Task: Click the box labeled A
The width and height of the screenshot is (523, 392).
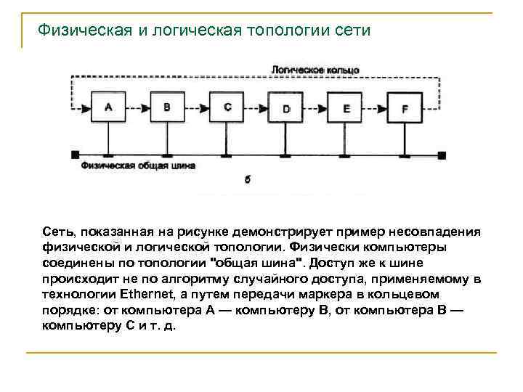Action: tap(109, 107)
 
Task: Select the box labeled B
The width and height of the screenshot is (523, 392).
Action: tap(168, 107)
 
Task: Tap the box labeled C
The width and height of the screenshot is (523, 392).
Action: tap(227, 107)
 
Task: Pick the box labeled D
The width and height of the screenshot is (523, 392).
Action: tap(286, 109)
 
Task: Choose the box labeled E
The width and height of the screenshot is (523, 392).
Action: tap(346, 109)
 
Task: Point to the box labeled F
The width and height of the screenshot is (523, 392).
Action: tap(405, 110)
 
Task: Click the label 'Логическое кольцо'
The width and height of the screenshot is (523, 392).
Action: tap(315, 70)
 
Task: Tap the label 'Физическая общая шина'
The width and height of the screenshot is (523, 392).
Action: tap(138, 166)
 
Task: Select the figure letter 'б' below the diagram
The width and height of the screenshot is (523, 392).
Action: tap(248, 179)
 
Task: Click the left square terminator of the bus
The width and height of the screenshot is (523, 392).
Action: tap(76, 155)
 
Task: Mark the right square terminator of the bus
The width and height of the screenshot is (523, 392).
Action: tap(442, 155)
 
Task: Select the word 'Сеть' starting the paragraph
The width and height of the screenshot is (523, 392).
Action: tap(57, 232)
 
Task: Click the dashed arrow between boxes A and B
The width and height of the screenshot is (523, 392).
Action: tap(139, 108)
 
